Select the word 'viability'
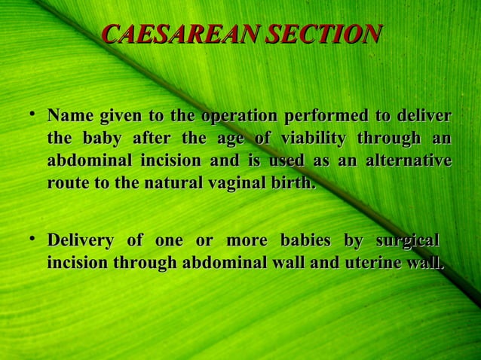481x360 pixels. click(313, 139)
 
